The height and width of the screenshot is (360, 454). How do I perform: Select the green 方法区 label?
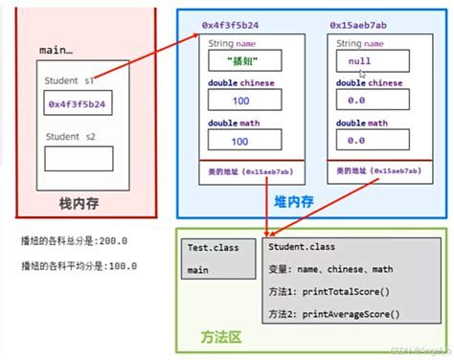222,337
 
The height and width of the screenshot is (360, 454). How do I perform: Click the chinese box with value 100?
239,100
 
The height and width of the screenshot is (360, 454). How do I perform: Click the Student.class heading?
302,247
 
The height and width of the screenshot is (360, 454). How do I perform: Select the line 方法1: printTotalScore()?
333,290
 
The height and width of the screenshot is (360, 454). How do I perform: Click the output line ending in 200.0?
74,240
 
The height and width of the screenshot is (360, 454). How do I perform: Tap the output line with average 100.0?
74,265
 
